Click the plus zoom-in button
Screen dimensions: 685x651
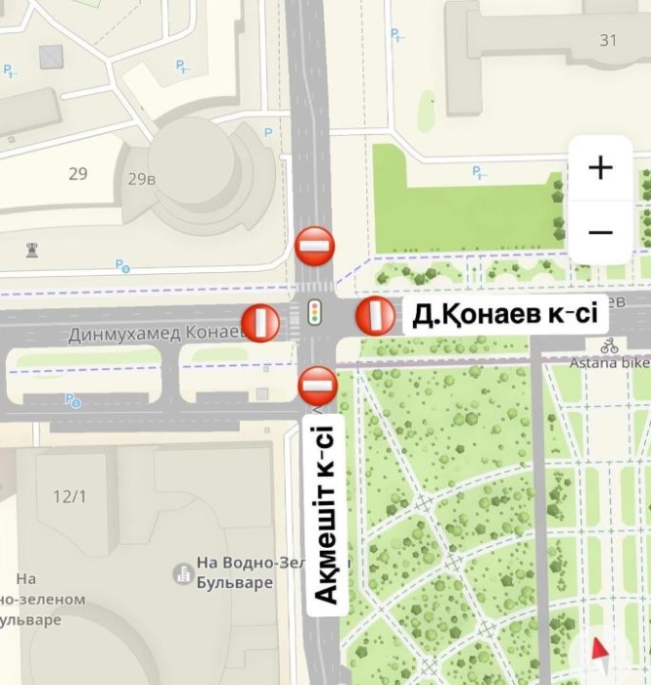[600, 167]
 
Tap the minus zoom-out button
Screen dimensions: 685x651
[600, 232]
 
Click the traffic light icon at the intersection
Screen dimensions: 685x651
[314, 312]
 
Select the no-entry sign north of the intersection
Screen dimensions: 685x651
[315, 245]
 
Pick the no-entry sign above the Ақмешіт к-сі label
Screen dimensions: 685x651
[318, 385]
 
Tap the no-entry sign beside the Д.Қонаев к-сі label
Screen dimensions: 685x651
[375, 316]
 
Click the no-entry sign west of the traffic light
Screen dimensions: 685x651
[260, 322]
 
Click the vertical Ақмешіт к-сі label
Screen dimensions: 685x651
[326, 514]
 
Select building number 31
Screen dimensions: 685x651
[609, 40]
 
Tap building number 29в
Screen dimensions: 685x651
[142, 178]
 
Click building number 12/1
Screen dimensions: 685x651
[70, 496]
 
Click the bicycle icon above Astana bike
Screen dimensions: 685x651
[610, 345]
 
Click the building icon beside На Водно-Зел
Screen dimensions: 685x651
[183, 573]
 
